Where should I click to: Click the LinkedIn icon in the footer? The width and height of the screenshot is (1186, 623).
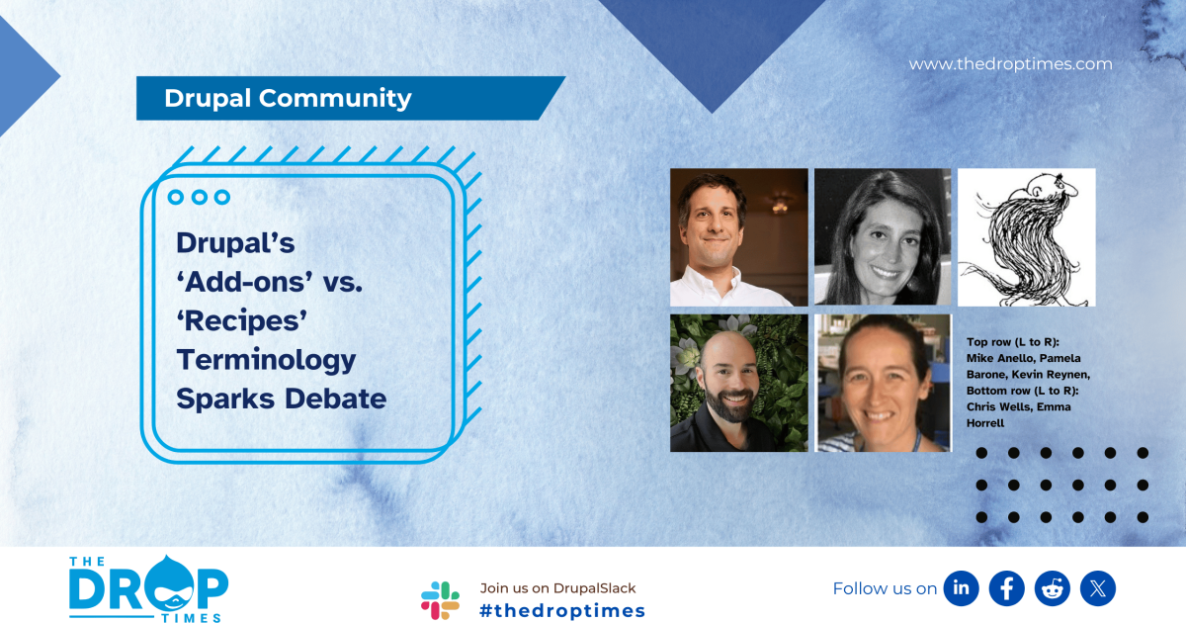coord(961,588)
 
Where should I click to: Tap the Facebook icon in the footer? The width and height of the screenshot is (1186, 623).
coord(1006,588)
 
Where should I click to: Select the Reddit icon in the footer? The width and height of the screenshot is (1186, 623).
coord(1052,588)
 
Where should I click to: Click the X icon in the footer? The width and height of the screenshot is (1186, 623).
coord(1097,588)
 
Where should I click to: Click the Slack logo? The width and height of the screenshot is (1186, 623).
coord(440,600)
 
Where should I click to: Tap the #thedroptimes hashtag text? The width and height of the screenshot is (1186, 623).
coord(561,611)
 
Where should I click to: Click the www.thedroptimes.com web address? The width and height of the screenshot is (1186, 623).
coord(1010,64)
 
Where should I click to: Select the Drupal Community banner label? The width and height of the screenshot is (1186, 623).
coord(288,98)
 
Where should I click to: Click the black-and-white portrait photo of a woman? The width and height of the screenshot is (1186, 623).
coord(883,236)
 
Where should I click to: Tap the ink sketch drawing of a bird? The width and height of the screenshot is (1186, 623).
coord(1026,237)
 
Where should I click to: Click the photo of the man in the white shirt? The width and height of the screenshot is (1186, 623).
coord(738,236)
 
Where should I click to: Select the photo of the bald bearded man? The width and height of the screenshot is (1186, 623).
coord(738,383)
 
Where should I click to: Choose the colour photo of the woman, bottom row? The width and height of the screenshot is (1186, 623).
coord(883,383)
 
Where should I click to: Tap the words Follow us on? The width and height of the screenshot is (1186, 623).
coord(885,588)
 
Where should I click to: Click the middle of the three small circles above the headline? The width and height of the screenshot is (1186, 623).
coord(199,197)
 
